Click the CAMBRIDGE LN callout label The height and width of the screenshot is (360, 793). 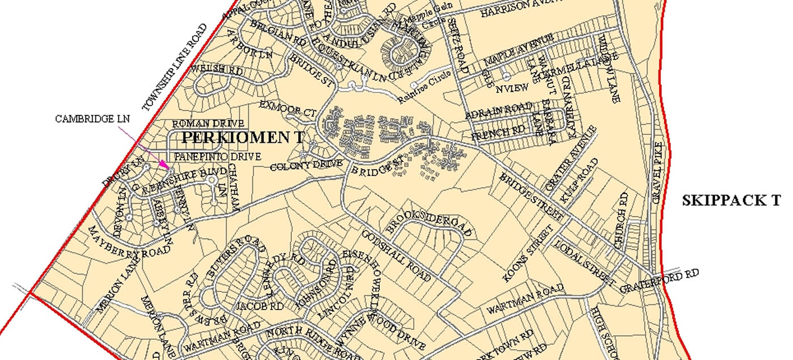92,119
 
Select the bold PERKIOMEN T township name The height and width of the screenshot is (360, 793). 243,138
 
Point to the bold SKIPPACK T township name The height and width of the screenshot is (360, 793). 731,200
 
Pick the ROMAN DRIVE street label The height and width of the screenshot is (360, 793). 208,123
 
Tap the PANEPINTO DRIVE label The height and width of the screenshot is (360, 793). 218,156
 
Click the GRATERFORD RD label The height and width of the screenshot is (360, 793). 659,281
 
